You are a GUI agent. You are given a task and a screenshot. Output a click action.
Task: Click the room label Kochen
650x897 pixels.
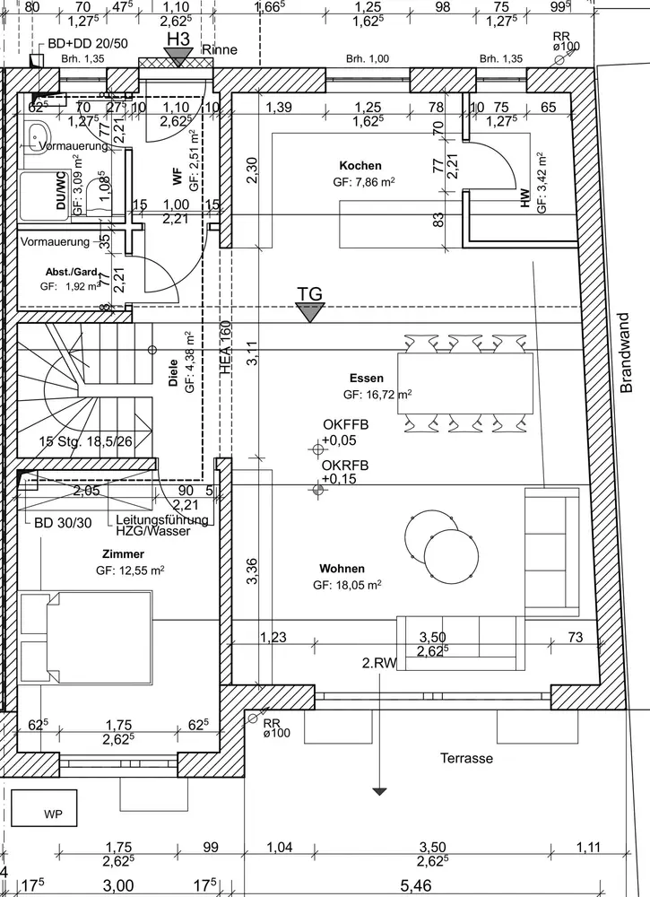360,166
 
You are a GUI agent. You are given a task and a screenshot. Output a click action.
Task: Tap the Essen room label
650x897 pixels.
367,379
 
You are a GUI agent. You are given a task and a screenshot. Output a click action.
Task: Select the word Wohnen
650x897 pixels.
342,569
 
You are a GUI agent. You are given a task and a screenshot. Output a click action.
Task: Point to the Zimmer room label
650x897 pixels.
123,554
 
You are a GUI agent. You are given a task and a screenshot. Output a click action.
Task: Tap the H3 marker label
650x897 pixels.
179,39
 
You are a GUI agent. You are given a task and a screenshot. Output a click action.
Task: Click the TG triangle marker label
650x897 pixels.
309,293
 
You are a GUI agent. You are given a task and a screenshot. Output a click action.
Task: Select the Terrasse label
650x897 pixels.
466,759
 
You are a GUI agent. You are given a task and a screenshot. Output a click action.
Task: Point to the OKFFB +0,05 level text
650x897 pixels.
345,433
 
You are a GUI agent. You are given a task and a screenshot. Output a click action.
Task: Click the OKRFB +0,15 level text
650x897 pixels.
345,473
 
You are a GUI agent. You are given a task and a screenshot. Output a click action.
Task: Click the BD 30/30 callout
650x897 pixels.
62,523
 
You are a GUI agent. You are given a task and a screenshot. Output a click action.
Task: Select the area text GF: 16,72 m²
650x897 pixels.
377,395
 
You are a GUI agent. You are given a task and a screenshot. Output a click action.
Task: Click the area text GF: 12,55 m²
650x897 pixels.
130,570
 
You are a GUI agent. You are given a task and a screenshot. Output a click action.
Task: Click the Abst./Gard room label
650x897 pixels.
71,272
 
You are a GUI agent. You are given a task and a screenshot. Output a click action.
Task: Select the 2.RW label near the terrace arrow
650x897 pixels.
379,664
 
